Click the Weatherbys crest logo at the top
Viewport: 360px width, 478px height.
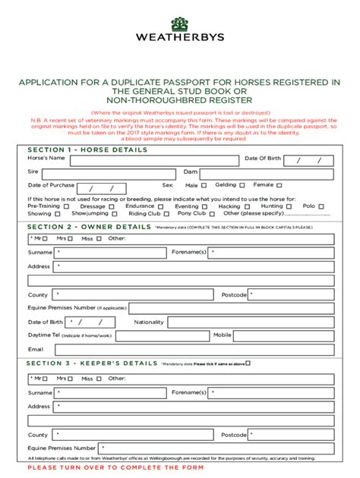tap(179, 17)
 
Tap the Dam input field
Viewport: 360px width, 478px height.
tap(267, 173)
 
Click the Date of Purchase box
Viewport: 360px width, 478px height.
tap(101, 187)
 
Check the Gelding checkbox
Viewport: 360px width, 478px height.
tap(242, 185)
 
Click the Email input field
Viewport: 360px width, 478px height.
tap(190, 349)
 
